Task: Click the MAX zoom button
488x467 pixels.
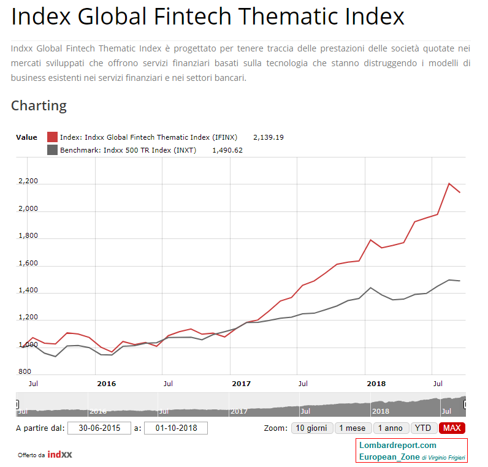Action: pos(452,428)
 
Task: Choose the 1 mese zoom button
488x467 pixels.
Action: pos(353,428)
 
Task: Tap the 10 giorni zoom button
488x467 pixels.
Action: pos(311,428)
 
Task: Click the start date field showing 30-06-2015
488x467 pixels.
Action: pos(99,428)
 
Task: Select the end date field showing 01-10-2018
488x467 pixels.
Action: pos(176,428)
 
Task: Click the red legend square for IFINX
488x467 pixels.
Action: pos(52,137)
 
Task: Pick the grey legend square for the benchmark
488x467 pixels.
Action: pos(52,150)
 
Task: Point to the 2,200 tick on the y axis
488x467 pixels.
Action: pos(28,181)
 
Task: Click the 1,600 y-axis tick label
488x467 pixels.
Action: pos(28,264)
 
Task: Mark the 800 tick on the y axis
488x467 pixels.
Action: pos(25,372)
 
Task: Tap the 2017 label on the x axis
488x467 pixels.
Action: pos(242,384)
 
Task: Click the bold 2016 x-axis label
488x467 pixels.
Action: pos(107,384)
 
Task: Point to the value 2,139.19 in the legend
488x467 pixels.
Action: pos(269,137)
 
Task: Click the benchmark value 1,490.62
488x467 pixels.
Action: pos(227,150)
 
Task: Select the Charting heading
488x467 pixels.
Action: pos(39,105)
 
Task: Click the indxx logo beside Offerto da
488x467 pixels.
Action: pos(60,455)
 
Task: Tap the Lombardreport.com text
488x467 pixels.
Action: pos(398,446)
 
